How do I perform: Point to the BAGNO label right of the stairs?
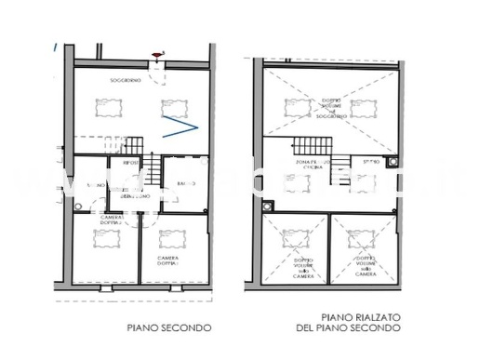tap(182, 184)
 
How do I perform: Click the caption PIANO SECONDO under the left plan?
tap(169, 327)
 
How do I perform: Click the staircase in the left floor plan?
tap(133, 145)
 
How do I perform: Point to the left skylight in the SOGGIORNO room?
tap(108, 109)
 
